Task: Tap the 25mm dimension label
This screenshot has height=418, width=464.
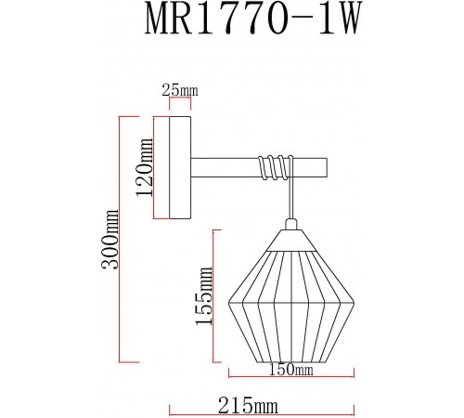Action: pyautogui.click(x=180, y=89)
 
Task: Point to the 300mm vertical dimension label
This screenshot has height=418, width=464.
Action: pyautogui.click(x=111, y=239)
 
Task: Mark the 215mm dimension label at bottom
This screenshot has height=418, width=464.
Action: pyautogui.click(x=251, y=406)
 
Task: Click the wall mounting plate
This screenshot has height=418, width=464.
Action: pyautogui.click(x=180, y=167)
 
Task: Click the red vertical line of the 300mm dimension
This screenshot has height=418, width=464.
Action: pyautogui.click(x=122, y=239)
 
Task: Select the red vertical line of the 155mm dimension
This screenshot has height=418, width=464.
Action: pyautogui.click(x=215, y=297)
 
